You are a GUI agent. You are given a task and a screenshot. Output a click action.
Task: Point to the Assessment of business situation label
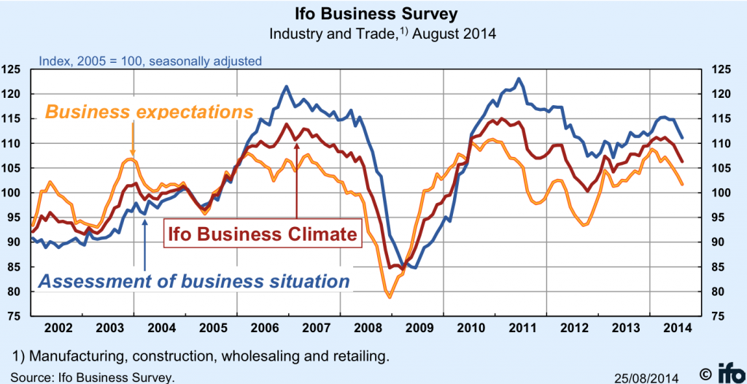click(x=193, y=280)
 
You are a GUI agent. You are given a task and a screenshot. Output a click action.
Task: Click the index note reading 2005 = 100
click(x=149, y=61)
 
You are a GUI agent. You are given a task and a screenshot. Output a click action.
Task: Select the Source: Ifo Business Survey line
click(x=93, y=377)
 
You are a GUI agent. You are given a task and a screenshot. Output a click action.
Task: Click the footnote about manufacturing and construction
click(x=201, y=356)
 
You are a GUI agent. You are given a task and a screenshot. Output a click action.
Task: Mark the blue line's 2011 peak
click(x=519, y=79)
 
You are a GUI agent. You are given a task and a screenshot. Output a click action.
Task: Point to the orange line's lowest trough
click(x=390, y=297)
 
